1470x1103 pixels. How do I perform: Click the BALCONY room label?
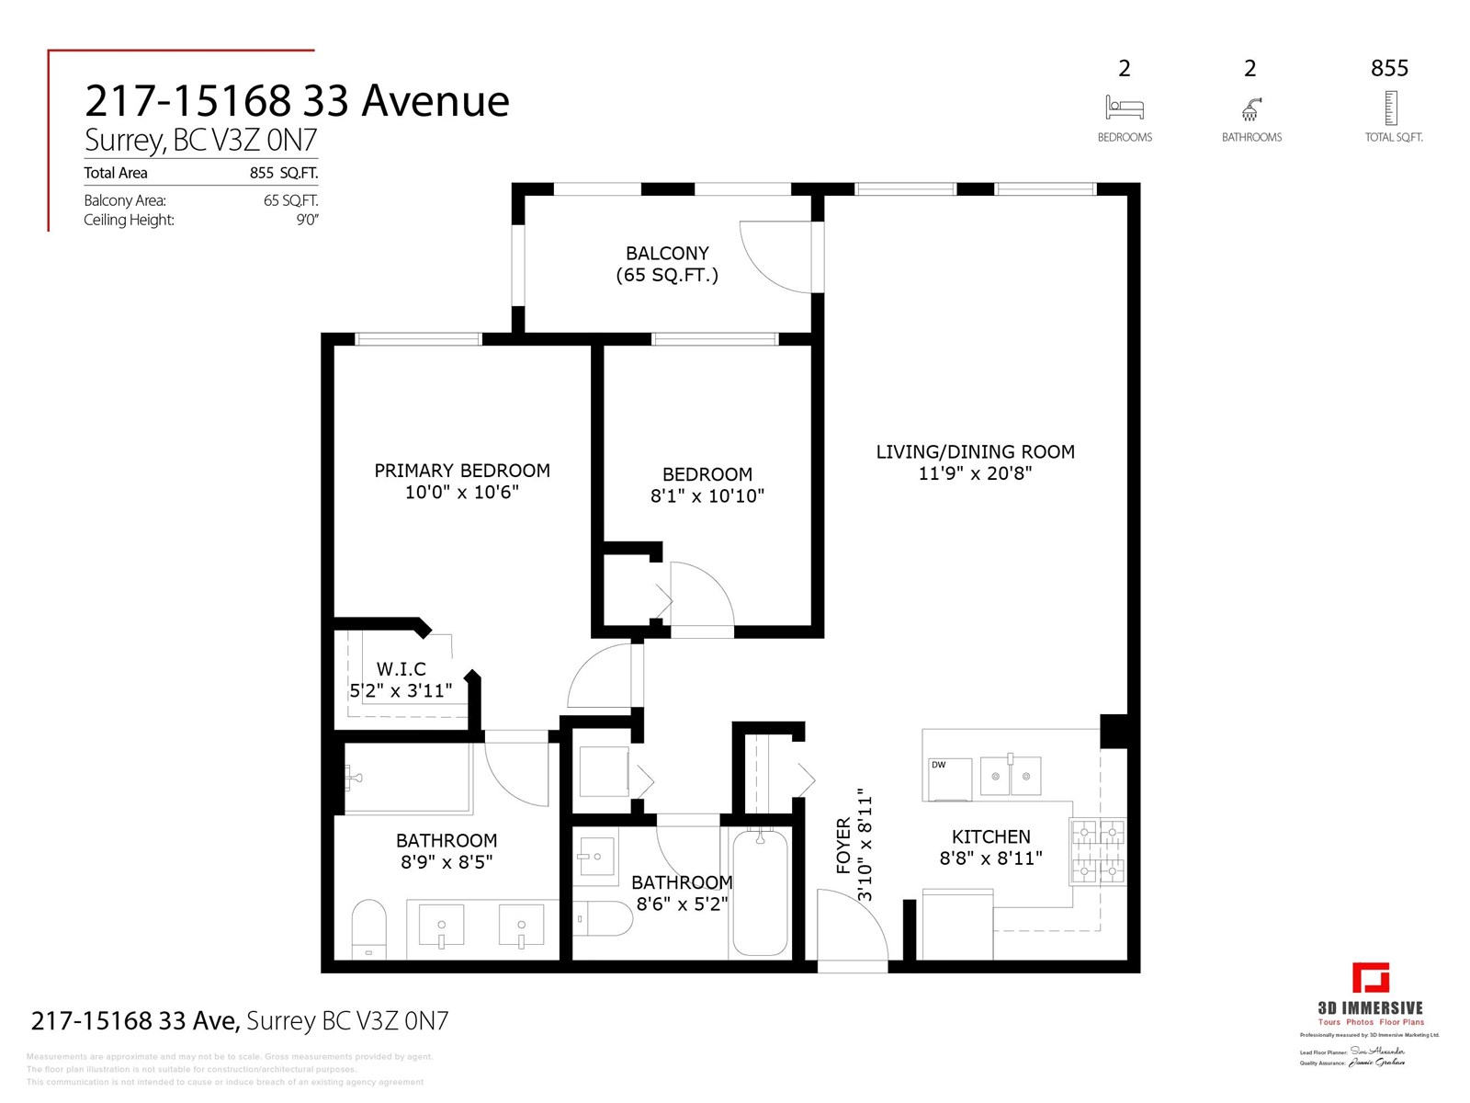[x=667, y=254]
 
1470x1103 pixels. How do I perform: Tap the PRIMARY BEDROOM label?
[x=462, y=471]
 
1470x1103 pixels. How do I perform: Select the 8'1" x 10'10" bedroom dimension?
[x=707, y=496]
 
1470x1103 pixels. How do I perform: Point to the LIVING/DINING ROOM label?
[x=975, y=452]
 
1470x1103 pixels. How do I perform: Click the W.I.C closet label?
[x=401, y=669]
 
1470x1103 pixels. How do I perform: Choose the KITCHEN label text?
[x=990, y=836]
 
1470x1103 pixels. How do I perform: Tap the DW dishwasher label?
[x=938, y=765]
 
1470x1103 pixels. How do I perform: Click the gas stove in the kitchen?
[x=1097, y=851]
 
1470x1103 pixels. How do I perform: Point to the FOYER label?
[x=843, y=846]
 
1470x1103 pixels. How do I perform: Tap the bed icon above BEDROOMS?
[x=1124, y=108]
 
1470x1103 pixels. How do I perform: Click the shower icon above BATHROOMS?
[x=1250, y=109]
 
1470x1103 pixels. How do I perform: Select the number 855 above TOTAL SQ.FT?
[x=1389, y=68]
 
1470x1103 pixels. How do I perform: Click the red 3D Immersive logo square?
[x=1370, y=978]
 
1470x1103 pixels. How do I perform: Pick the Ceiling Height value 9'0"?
[x=307, y=220]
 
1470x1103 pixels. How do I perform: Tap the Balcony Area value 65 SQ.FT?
[x=290, y=200]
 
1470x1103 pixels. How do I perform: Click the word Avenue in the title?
[x=435, y=101]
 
